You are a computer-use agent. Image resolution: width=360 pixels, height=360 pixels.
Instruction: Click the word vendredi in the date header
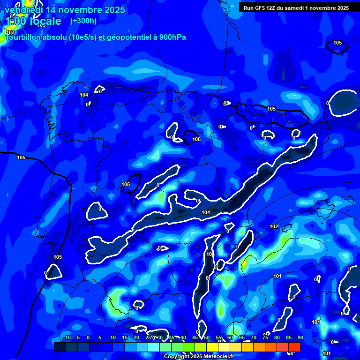click(x=23, y=10)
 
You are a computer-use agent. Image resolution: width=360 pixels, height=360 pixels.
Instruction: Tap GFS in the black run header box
click(x=262, y=7)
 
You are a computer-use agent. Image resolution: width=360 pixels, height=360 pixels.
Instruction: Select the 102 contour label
click(x=274, y=227)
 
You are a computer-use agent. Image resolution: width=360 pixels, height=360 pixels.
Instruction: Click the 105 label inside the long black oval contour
click(x=271, y=109)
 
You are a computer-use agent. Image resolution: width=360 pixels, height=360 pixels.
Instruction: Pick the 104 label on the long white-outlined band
click(x=206, y=212)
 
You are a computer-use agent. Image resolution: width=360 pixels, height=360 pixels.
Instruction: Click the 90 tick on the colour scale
click(x=300, y=337)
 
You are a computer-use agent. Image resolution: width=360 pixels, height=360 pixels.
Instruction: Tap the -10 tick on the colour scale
click(x=67, y=337)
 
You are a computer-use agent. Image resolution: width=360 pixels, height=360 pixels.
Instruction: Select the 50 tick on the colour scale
click(x=207, y=337)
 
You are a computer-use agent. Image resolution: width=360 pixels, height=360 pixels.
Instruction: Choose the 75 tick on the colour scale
click(x=265, y=337)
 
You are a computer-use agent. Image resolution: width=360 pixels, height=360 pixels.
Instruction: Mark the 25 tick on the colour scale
click(x=148, y=337)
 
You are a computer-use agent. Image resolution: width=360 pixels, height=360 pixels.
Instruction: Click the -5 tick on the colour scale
click(x=77, y=337)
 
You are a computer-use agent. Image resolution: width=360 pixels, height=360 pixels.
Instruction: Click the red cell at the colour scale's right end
click(x=294, y=347)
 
